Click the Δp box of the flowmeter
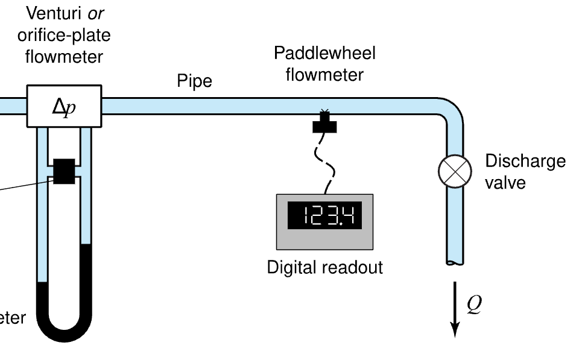click(64, 106)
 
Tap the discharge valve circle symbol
click(454, 171)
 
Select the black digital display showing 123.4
click(324, 216)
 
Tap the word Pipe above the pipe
click(194, 81)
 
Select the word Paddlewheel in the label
click(324, 54)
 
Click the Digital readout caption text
click(324, 267)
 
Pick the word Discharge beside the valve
click(525, 162)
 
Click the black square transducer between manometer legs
click(64, 171)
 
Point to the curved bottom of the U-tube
click(64, 329)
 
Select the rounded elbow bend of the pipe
click(449, 112)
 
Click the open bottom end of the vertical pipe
click(455, 261)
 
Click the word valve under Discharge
click(504, 182)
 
